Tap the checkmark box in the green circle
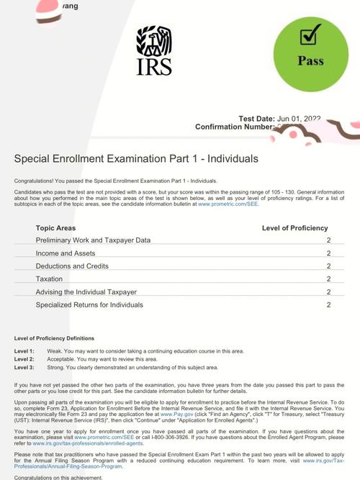311,34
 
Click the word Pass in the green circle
311,61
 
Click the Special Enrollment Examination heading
136,159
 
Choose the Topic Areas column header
55,228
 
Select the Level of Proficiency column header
294,228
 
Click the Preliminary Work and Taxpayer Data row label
93,240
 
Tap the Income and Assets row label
66,253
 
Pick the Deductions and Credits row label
73,266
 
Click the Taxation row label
49,279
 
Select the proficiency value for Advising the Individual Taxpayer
328,292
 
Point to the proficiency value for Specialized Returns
328,305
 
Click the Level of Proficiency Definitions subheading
54,338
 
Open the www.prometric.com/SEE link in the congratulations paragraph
228,204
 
